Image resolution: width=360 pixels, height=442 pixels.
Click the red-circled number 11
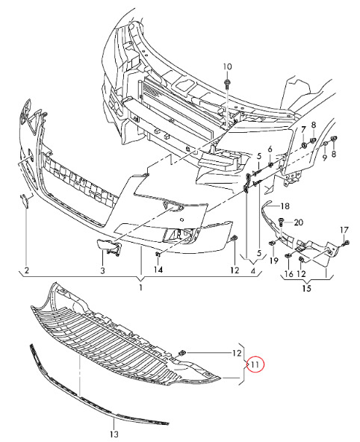click(x=255, y=365)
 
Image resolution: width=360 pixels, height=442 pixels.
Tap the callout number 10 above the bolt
click(x=227, y=66)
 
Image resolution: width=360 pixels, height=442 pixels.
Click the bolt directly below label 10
click(x=227, y=84)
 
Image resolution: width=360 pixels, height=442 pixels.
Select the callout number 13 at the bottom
click(x=114, y=434)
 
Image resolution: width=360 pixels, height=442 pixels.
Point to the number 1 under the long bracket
click(x=140, y=287)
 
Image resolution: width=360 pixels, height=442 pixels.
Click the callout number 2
click(x=27, y=270)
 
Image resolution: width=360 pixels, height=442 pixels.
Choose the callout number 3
click(x=102, y=270)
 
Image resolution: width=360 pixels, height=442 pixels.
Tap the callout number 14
click(x=158, y=270)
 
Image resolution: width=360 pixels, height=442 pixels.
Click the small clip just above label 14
click(x=158, y=255)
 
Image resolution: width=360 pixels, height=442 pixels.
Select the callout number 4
click(x=252, y=271)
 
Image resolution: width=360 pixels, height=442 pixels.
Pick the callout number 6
click(x=270, y=149)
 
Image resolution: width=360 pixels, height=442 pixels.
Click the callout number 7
click(x=303, y=130)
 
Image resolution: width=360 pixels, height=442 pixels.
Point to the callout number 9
click(x=324, y=158)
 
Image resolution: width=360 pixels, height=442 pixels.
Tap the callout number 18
click(x=285, y=206)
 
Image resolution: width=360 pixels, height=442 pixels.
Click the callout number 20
click(x=298, y=222)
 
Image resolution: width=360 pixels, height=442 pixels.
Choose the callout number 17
click(x=344, y=230)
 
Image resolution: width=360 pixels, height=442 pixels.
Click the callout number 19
click(x=274, y=261)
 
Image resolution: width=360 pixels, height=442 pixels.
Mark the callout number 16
click(x=289, y=273)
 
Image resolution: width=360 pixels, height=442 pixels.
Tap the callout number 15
click(x=306, y=288)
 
